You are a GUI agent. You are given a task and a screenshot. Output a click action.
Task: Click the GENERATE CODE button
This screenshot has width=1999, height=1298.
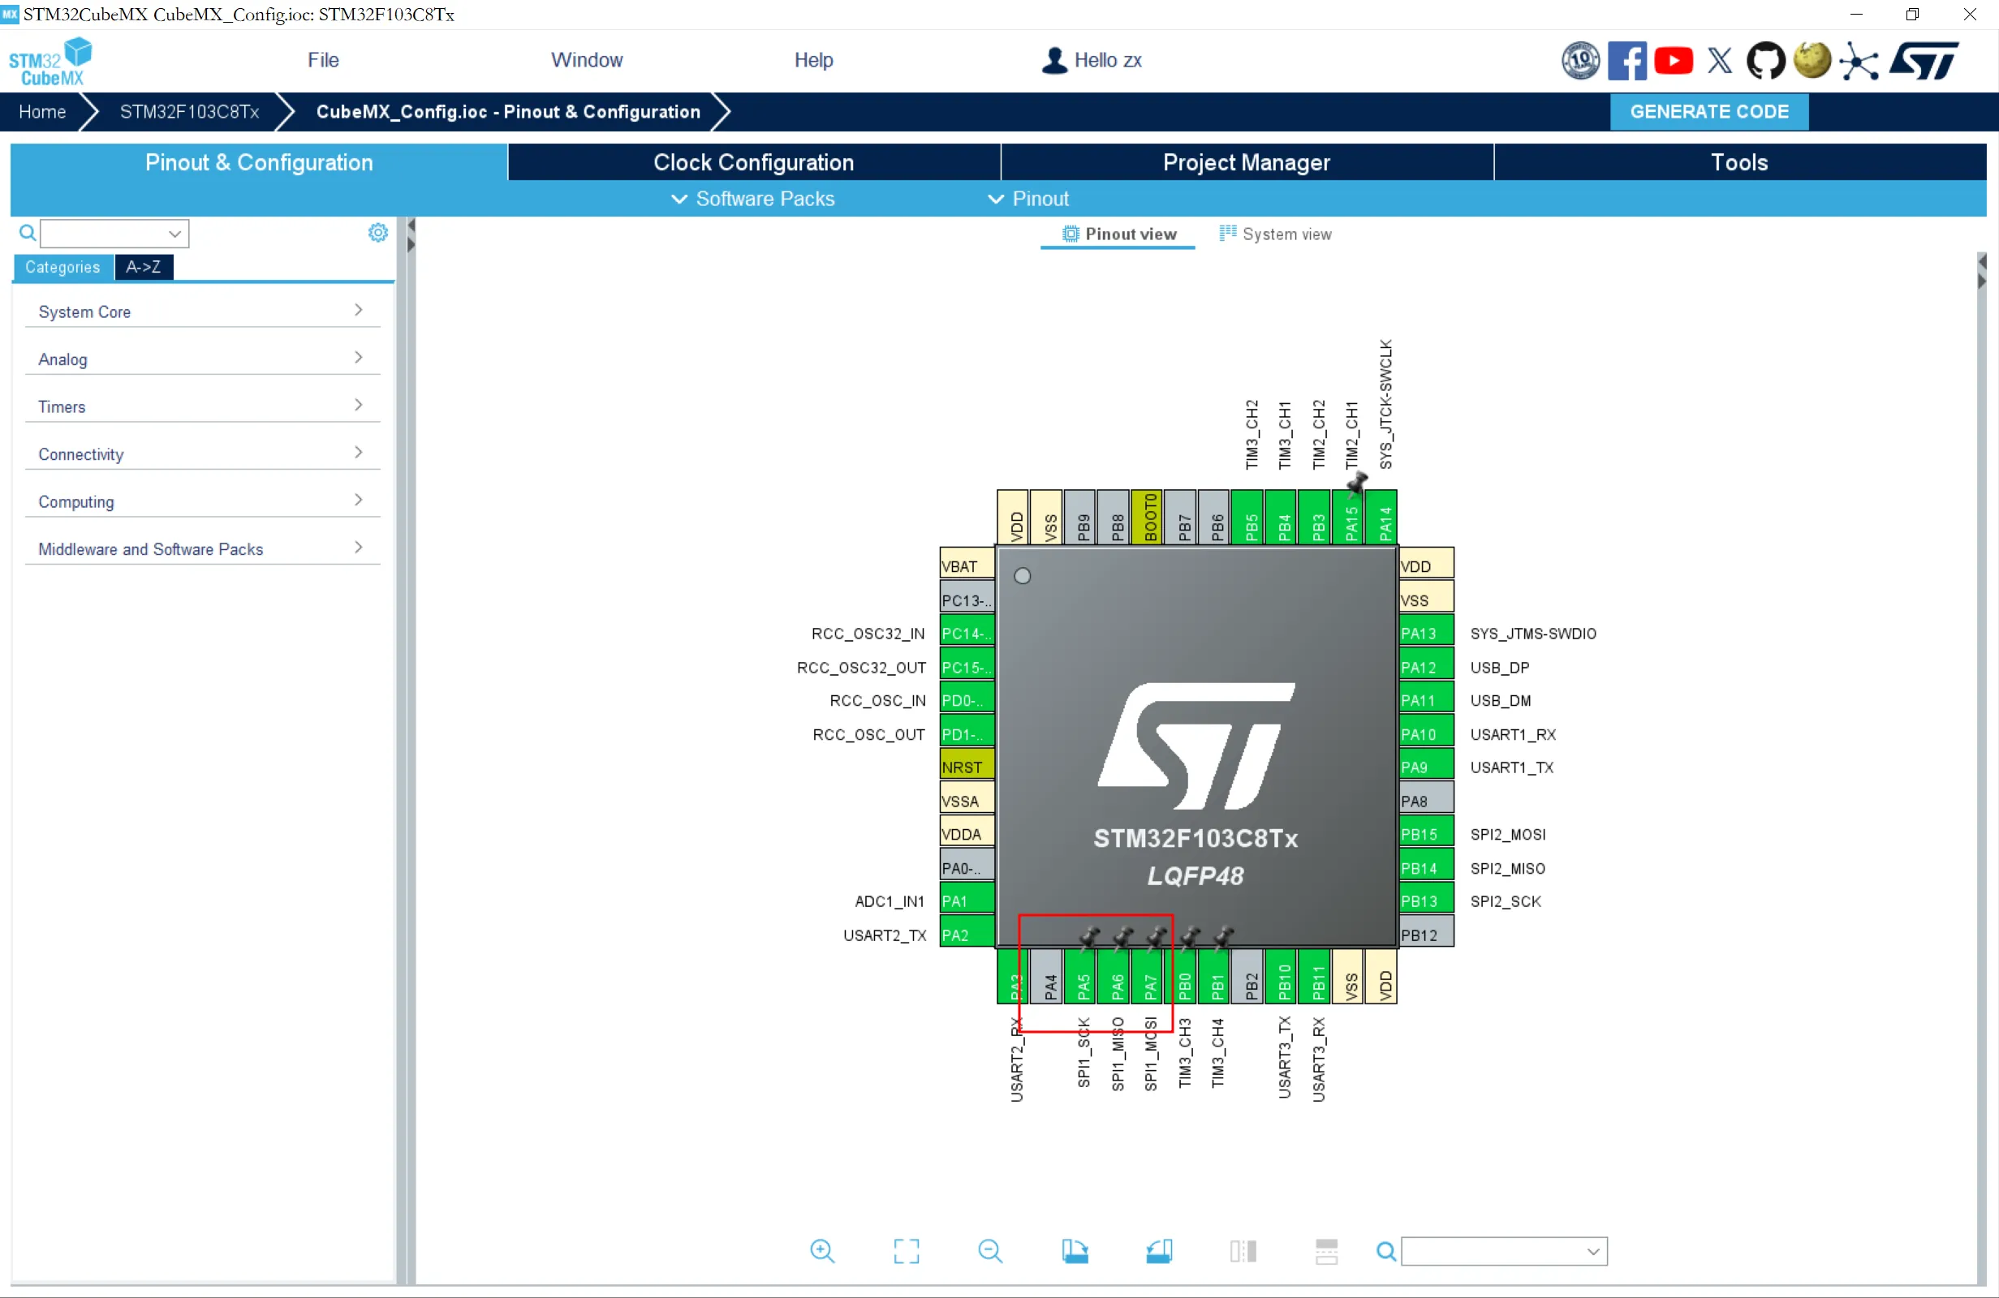[1708, 112]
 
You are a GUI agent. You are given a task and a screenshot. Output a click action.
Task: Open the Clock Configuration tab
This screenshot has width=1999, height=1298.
[753, 162]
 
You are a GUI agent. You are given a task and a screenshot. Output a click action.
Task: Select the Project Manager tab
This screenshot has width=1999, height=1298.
[1247, 162]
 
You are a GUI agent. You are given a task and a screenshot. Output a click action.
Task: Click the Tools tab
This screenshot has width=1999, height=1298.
[1739, 162]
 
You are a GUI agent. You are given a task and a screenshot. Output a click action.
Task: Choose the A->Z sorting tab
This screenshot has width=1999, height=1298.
[144, 267]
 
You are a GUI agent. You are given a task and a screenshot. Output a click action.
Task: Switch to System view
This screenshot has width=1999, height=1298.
[1276, 234]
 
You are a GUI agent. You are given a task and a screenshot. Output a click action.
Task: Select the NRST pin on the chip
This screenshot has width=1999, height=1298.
[967, 767]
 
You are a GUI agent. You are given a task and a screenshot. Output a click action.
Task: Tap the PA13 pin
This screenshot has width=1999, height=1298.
[1426, 633]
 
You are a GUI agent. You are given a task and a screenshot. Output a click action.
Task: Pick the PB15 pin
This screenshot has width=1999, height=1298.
[1426, 834]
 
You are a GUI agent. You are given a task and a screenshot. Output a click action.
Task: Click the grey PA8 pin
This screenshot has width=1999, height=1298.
[1426, 800]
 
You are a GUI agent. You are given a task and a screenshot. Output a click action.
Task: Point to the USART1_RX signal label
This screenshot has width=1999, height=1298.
[1513, 735]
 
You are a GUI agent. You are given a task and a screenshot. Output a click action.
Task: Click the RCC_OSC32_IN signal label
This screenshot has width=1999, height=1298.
[868, 634]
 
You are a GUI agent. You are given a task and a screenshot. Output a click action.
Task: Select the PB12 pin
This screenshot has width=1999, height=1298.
[1426, 935]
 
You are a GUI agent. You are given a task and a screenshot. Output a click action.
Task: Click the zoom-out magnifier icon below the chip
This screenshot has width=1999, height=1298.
[990, 1251]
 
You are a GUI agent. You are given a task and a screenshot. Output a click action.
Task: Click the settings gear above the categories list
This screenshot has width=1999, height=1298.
[378, 233]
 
